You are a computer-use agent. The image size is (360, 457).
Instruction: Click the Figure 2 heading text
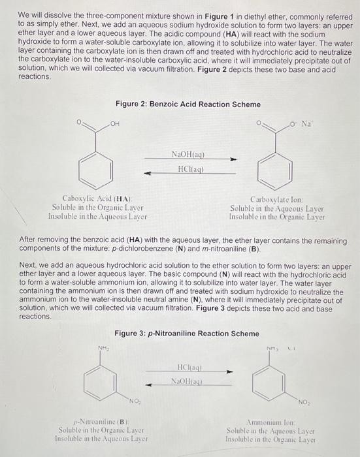coord(188,104)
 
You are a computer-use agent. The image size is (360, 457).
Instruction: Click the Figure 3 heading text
coord(186,334)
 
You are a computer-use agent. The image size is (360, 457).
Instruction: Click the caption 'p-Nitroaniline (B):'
coord(99,423)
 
